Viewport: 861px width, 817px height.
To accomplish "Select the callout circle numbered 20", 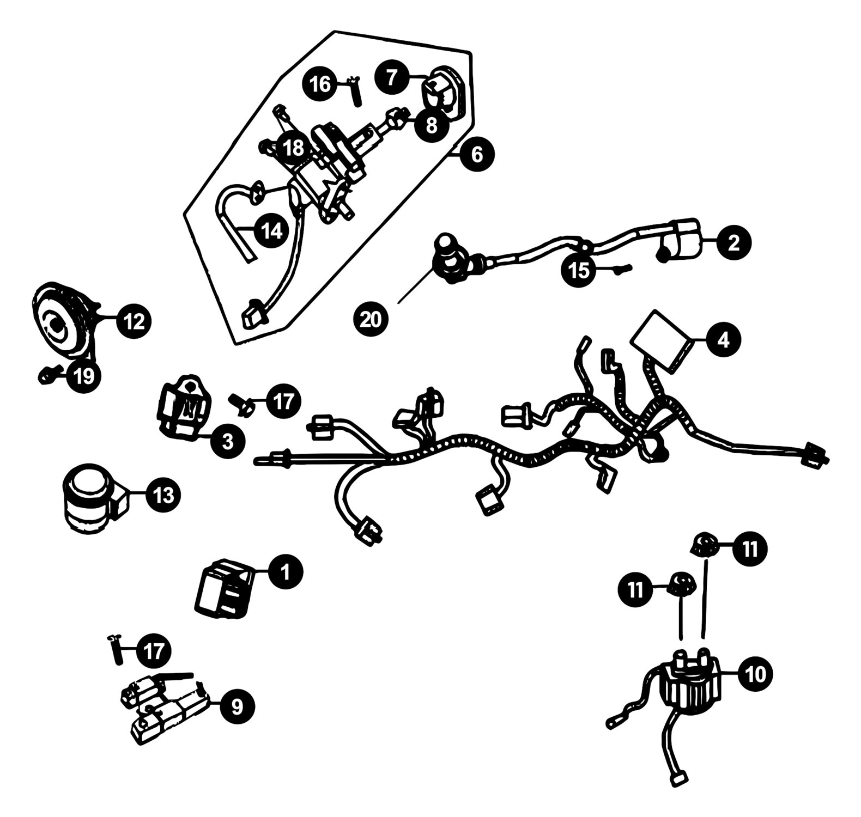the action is (371, 319).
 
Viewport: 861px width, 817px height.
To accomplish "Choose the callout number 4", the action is (723, 340).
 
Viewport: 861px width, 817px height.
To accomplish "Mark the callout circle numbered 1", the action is (285, 572).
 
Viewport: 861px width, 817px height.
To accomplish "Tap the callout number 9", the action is (237, 706).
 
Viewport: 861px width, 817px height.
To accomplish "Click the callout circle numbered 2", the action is (734, 243).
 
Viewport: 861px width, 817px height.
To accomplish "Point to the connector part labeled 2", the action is (680, 239).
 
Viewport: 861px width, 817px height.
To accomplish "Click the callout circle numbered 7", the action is (392, 77).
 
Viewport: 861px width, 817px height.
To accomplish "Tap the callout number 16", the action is (320, 84).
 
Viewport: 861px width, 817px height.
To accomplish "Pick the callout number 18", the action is (293, 148).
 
